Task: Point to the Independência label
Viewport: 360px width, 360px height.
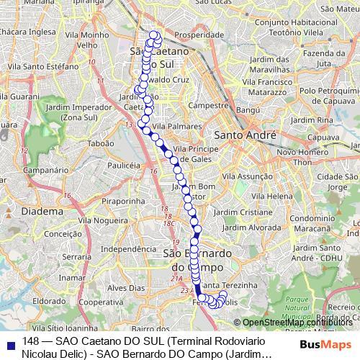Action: (x=122, y=250)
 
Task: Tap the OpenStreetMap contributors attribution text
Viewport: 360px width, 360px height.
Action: (x=295, y=323)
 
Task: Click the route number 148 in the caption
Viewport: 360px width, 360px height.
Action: (x=30, y=341)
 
